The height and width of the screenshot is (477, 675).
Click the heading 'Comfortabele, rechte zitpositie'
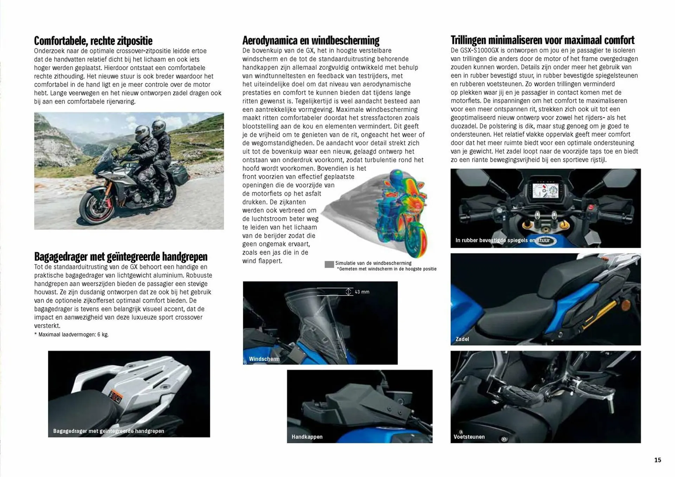pyautogui.click(x=93, y=41)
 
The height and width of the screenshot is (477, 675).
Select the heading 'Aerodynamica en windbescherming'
pyautogui.click(x=311, y=40)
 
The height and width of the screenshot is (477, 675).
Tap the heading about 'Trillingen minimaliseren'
pyautogui.click(x=542, y=40)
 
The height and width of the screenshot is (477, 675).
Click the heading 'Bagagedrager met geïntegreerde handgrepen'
pyautogui.click(x=121, y=257)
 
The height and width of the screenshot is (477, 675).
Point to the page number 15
pyautogui.click(x=657, y=460)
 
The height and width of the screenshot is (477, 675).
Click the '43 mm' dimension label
pyautogui.click(x=362, y=292)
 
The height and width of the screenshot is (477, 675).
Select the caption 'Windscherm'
pyautogui.click(x=264, y=359)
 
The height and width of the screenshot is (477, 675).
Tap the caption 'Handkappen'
pyautogui.click(x=307, y=437)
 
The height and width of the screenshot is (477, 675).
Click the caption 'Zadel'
pyautogui.click(x=462, y=339)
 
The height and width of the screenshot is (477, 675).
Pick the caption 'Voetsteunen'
pyautogui.click(x=469, y=437)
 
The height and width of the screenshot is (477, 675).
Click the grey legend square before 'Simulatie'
pyautogui.click(x=329, y=264)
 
